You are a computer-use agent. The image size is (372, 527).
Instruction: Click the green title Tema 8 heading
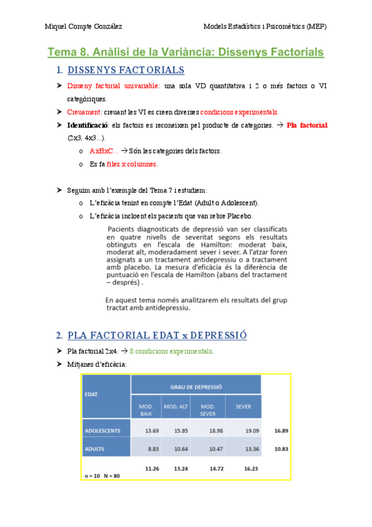click(x=186, y=52)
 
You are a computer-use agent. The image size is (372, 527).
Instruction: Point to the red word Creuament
click(x=84, y=112)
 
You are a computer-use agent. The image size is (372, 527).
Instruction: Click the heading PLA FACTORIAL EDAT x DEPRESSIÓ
click(x=157, y=336)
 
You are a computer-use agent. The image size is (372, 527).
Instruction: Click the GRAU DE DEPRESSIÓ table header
click(x=196, y=386)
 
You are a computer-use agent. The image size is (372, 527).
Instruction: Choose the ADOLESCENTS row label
click(x=107, y=430)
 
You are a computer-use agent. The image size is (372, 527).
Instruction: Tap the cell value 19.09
click(x=243, y=430)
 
